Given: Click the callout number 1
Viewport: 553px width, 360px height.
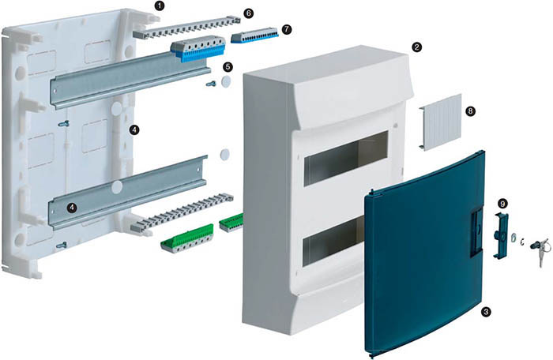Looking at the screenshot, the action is tap(160, 6).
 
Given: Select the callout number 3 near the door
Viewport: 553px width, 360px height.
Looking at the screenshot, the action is tap(487, 311).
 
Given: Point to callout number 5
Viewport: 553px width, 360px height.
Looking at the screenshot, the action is tap(228, 66).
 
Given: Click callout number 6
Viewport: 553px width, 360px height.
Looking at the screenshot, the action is tap(248, 13).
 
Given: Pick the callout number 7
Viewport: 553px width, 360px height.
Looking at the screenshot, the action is tap(287, 29).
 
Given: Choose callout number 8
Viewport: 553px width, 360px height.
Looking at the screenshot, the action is tap(470, 111).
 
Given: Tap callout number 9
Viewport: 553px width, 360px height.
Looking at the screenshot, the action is tap(502, 204).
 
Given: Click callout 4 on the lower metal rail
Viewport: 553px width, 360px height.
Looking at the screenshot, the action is tap(72, 208).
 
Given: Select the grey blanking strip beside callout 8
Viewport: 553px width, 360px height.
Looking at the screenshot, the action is tap(441, 122).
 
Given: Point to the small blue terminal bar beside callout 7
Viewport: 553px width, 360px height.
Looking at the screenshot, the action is tap(254, 36).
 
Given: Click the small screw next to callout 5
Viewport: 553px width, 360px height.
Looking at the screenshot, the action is tap(211, 84).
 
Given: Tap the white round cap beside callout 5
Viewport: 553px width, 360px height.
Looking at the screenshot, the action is tap(226, 81).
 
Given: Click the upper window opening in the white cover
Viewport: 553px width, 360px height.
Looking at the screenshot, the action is tap(346, 159).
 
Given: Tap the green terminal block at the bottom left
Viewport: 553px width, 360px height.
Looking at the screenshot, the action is tap(187, 238).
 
